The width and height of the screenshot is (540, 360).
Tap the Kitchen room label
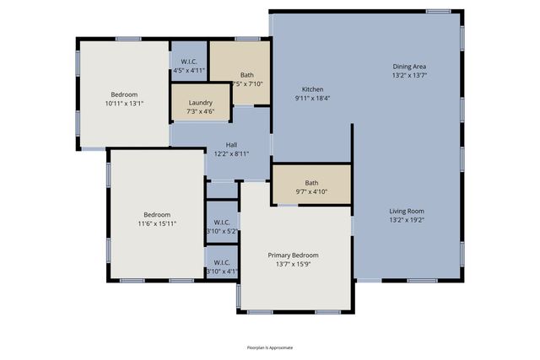313,89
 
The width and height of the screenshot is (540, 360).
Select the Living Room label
406,211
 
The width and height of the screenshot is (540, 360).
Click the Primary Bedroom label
294,255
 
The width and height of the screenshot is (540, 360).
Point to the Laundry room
201,103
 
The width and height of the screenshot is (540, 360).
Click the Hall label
230,144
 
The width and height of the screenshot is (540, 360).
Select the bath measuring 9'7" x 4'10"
311,183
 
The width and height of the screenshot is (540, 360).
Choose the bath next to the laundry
246,75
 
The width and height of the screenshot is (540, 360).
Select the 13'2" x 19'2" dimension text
406,220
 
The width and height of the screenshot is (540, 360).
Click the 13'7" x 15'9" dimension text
294,265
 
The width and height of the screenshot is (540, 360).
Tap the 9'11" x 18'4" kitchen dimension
313,99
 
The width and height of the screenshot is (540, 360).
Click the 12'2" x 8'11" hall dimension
230,153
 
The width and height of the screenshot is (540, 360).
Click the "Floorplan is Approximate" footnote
270,347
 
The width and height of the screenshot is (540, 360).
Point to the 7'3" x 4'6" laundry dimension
201,111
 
